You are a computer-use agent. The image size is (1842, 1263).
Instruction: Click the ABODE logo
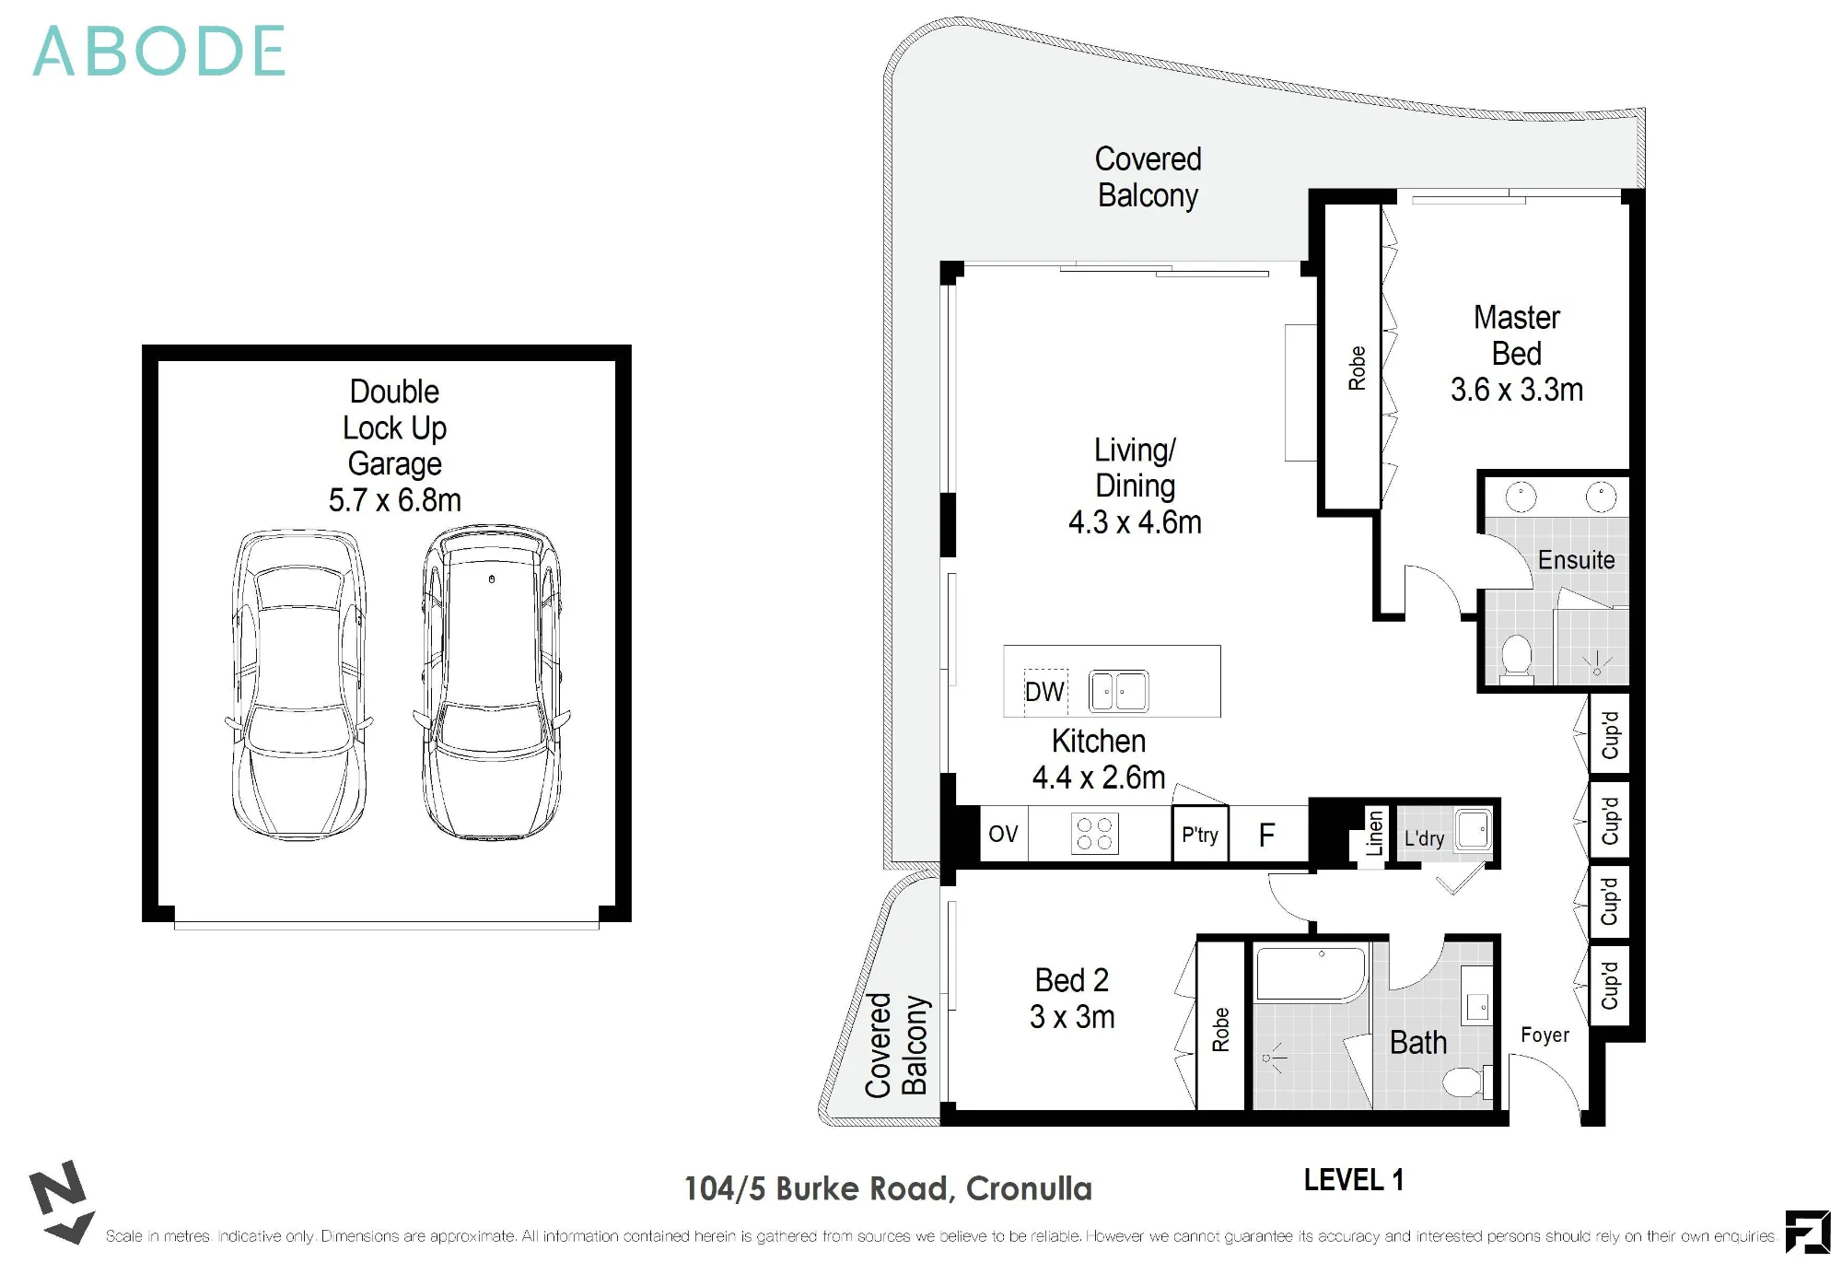click(x=158, y=52)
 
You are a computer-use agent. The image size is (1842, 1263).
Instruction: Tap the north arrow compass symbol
click(x=61, y=1202)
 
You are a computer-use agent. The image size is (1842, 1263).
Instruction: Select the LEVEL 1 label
click(x=1353, y=1180)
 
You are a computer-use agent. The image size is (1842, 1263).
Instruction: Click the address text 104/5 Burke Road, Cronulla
click(x=888, y=1188)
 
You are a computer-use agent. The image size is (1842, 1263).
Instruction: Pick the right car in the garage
click(x=492, y=682)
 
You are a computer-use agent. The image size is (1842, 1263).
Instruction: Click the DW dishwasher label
click(x=1044, y=692)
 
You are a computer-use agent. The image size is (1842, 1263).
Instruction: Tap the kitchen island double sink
click(x=1118, y=691)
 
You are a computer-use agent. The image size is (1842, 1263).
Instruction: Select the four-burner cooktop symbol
click(x=1095, y=834)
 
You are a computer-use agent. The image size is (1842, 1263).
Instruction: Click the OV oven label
click(x=1003, y=834)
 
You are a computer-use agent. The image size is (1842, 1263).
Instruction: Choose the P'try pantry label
click(x=1200, y=835)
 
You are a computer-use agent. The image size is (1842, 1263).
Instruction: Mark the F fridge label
click(x=1267, y=835)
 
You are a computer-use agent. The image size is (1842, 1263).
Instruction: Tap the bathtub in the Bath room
click(x=1312, y=974)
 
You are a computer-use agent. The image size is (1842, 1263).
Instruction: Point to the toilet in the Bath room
click(x=1468, y=1081)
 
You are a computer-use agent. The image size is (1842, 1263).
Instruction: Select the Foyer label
click(x=1545, y=1035)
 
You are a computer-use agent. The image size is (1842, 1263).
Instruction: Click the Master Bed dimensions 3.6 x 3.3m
click(x=1517, y=390)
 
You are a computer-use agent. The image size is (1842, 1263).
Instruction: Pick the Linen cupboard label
click(x=1374, y=833)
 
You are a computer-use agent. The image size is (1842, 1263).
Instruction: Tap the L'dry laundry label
click(x=1424, y=838)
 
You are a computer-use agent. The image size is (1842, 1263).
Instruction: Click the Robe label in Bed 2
click(x=1220, y=1029)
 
